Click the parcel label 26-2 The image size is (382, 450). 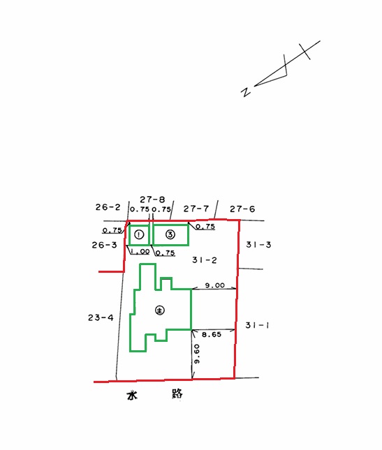tap(108, 207)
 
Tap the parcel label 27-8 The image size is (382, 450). tap(152, 199)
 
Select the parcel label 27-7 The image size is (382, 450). tap(196, 209)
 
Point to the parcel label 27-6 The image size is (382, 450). tap(242, 209)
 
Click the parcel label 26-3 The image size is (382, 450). tap(104, 245)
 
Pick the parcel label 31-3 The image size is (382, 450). tap(258, 245)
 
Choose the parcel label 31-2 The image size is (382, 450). tap(205, 260)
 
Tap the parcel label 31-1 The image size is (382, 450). tap(257, 325)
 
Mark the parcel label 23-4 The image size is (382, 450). tap(101, 317)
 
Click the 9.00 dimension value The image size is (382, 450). tap(215, 285)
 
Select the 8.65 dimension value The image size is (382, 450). tap(212, 334)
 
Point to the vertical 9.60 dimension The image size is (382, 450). tap(197, 354)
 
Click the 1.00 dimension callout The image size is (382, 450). tap(140, 251)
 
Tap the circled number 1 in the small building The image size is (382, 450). tap(139, 234)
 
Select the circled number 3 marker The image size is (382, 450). tap(170, 234)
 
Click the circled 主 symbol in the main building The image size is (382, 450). tap(160, 310)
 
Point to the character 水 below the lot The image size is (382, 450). tap(132, 395)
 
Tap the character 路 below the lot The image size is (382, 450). tap(177, 393)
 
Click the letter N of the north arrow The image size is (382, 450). tap(246, 91)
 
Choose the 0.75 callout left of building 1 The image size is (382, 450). tap(112, 230)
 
